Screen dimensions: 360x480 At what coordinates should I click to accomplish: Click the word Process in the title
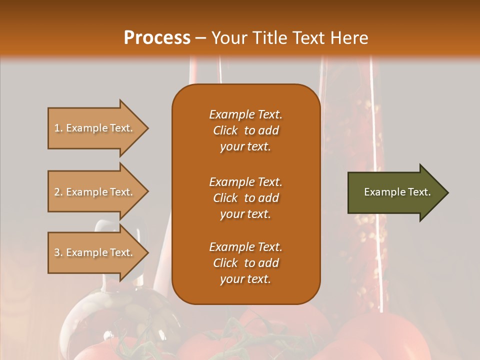point(157,38)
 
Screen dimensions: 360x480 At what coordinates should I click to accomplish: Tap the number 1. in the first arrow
point(58,128)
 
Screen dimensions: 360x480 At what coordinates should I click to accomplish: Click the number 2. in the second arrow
point(58,192)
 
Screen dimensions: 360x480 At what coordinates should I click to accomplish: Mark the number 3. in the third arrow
point(58,252)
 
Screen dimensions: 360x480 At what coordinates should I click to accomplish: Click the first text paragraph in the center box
point(245,130)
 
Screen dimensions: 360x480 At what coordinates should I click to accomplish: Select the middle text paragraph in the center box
point(245,198)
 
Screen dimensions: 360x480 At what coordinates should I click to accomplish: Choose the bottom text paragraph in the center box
point(245,263)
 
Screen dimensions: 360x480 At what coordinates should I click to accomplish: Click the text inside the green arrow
point(397,192)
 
